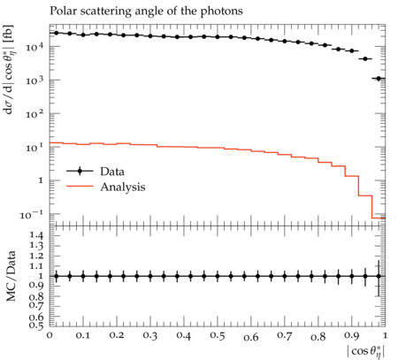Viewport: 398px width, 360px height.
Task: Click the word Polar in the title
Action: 61,11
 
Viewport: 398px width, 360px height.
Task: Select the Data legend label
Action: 112,172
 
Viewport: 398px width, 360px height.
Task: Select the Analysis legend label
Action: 123,187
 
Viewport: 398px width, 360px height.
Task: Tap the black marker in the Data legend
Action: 80,171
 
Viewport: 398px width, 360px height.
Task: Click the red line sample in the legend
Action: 80,187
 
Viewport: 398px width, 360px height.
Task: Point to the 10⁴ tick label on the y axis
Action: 34,46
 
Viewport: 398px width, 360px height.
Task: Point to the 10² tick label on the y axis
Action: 34,113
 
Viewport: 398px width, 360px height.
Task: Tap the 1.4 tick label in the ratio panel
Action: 36,235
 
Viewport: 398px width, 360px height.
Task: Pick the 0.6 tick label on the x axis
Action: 251,337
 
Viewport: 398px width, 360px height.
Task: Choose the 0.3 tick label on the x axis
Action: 150,336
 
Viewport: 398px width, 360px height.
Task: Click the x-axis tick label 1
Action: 385,335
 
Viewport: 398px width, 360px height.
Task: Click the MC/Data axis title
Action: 11,276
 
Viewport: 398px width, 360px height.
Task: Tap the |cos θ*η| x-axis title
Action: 366,352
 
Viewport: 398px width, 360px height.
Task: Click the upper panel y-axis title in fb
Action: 10,69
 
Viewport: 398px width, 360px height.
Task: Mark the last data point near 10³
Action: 379,79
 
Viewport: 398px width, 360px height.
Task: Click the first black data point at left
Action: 57,33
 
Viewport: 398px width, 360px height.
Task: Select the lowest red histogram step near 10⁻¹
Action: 379,218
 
